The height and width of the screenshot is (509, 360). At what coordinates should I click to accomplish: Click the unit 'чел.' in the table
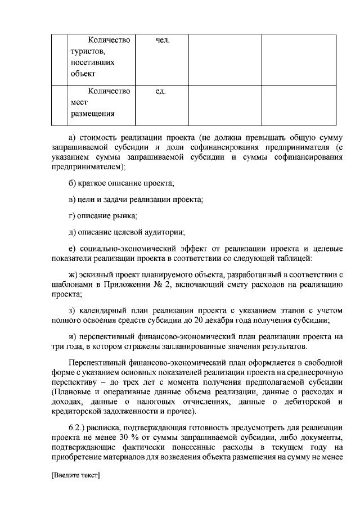point(162,40)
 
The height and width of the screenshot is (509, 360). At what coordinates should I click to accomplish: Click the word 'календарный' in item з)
point(102,311)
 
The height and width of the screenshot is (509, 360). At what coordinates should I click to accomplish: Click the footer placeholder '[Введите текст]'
point(75,476)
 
